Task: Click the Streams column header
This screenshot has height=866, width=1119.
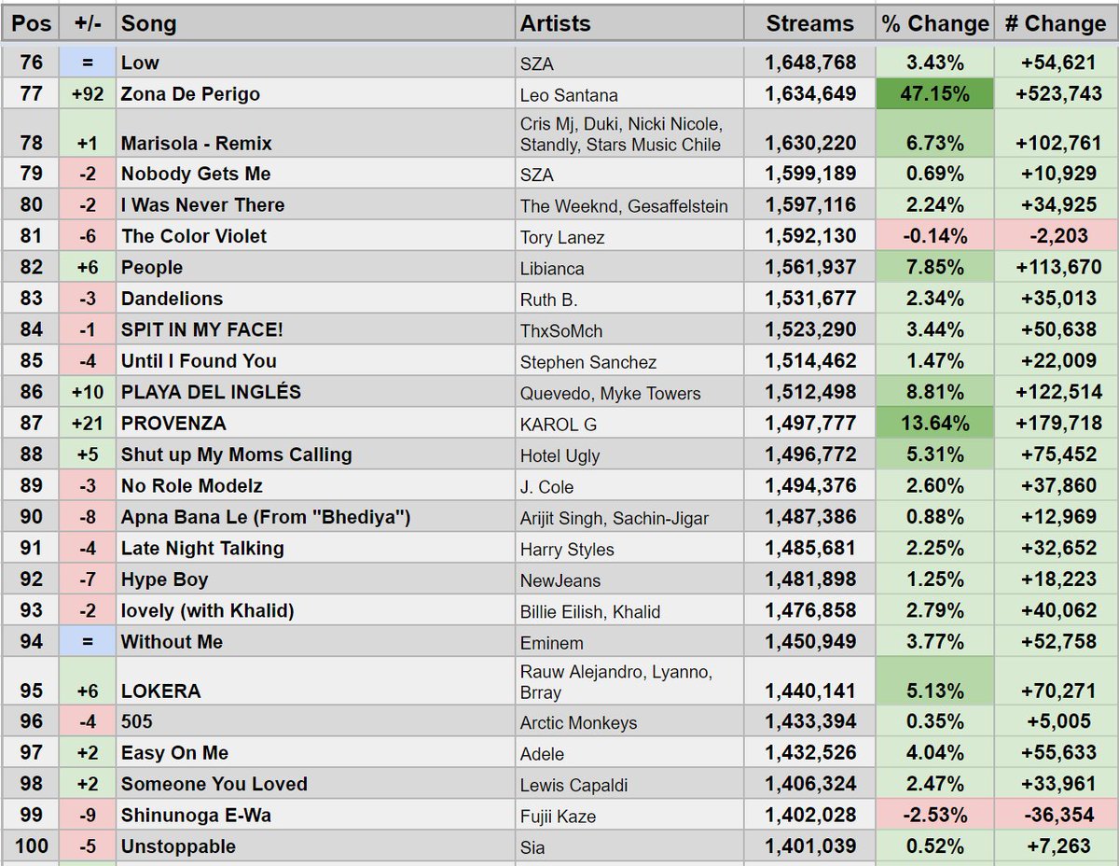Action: tap(809, 23)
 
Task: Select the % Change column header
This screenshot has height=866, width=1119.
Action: tap(935, 23)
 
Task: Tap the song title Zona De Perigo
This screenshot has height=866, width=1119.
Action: tap(190, 94)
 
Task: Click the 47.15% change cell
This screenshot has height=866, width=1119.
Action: tap(935, 94)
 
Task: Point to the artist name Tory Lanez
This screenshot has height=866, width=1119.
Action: tap(562, 237)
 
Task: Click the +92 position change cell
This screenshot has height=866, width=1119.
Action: tap(87, 94)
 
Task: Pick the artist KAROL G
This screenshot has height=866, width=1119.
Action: tap(559, 425)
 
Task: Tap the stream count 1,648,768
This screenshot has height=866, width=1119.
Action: tap(810, 63)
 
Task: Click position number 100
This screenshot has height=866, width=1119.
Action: tap(31, 846)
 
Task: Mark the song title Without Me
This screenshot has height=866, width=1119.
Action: tap(172, 642)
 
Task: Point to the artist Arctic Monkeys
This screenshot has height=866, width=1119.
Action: tap(578, 723)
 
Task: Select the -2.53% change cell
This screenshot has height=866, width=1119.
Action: tap(935, 816)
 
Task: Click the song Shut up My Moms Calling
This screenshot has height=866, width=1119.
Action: tap(236, 455)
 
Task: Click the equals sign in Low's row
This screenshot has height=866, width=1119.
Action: tap(87, 63)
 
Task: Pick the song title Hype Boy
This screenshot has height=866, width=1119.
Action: tap(164, 580)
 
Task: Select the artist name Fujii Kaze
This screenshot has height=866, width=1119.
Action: tap(558, 817)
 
